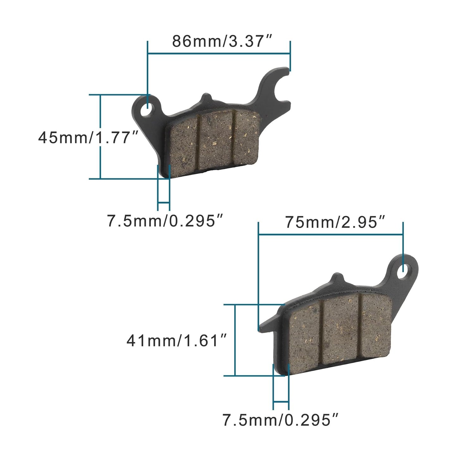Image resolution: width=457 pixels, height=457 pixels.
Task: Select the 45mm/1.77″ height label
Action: coord(89,138)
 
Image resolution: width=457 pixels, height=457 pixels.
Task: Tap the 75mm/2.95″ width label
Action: coord(336,222)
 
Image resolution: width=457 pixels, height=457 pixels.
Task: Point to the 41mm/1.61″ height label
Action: coord(177,341)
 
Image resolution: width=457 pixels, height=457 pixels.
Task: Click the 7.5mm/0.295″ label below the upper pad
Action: coord(166,221)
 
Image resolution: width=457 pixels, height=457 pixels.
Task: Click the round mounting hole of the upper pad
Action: coord(148,111)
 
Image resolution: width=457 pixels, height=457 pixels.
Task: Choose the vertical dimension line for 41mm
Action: coord(235,340)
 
